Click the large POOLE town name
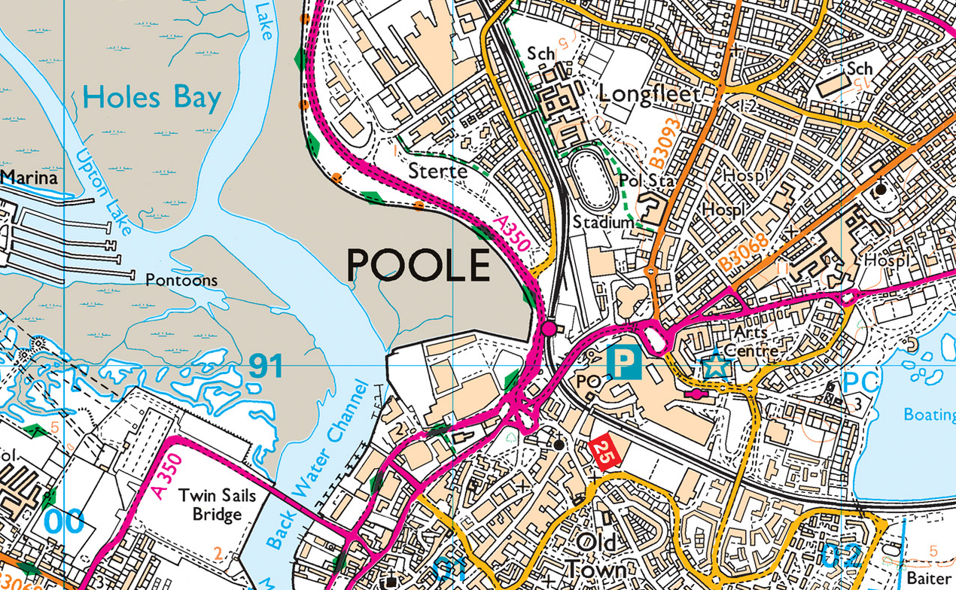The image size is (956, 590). pyautogui.click(x=419, y=266)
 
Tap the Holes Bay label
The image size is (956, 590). pyautogui.click(x=152, y=99)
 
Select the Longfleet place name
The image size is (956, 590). pyautogui.click(x=649, y=94)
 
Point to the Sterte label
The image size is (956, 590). pyautogui.click(x=437, y=172)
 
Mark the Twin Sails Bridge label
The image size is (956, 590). pyautogui.click(x=217, y=505)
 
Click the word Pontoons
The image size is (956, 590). pyautogui.click(x=181, y=281)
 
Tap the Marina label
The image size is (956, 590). pyautogui.click(x=29, y=178)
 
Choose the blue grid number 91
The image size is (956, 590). pyautogui.click(x=265, y=366)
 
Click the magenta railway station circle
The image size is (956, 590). pyautogui.click(x=549, y=328)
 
